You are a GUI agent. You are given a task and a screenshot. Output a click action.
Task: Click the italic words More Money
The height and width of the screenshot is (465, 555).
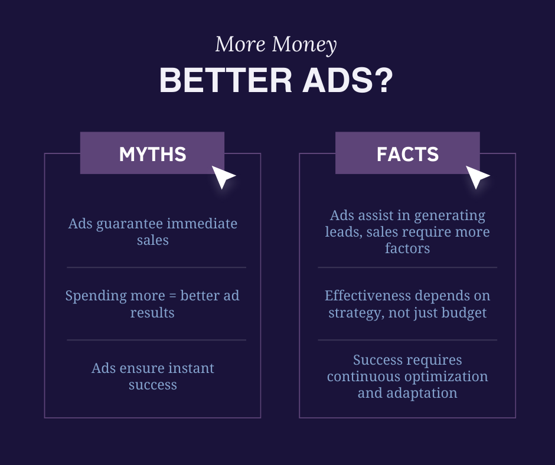(x=276, y=45)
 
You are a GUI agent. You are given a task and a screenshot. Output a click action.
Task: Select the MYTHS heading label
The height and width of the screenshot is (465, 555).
(x=152, y=154)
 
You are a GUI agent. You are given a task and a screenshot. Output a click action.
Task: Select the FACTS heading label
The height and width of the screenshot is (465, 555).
(x=407, y=154)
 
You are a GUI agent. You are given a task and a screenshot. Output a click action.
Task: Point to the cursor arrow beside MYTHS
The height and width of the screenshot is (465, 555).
(x=223, y=176)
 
